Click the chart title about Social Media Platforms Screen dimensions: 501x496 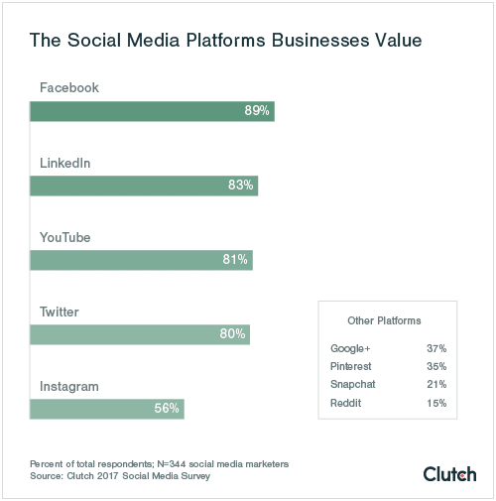[226, 41]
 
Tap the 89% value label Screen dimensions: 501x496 [257, 111]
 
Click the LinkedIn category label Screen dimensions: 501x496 [66, 163]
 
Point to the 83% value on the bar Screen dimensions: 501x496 [241, 186]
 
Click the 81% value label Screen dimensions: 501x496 [236, 260]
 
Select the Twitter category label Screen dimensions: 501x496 [60, 312]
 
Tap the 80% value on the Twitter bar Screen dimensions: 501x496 [232, 334]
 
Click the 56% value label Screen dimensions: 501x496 [167, 409]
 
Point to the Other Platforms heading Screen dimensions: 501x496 [385, 321]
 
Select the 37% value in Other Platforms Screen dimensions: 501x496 [435, 349]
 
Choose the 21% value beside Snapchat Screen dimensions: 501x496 [435, 385]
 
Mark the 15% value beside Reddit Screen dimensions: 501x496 [435, 404]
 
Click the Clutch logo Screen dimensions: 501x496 [449, 473]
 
